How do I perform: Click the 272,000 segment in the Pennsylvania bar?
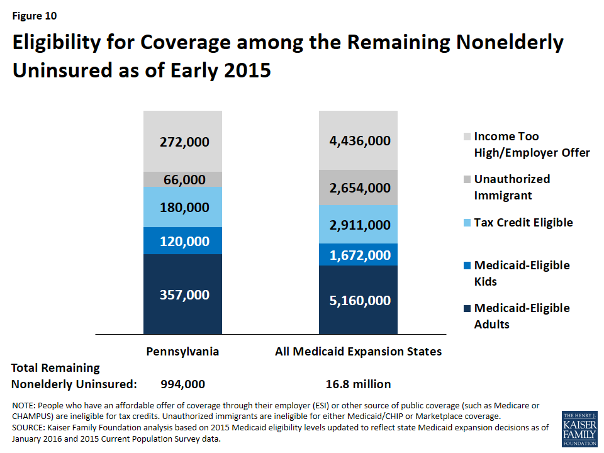(182, 142)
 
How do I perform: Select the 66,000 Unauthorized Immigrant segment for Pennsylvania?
(182, 179)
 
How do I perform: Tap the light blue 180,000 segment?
(182, 207)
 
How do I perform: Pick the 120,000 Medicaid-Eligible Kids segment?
(182, 241)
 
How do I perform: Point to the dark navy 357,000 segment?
(182, 294)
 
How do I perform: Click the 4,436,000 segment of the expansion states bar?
(358, 140)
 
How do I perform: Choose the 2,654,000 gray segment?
(358, 187)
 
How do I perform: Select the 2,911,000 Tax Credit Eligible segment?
(358, 225)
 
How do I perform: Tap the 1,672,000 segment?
(358, 255)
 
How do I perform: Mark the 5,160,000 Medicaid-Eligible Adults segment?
(358, 299)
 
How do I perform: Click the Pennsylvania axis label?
(182, 352)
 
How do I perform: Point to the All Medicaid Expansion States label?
(358, 352)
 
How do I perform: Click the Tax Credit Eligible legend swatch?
(467, 223)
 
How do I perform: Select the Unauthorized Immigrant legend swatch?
(467, 179)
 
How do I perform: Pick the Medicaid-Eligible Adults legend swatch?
(467, 308)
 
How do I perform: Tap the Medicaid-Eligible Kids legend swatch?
(467, 266)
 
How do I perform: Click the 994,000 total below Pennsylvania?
(182, 384)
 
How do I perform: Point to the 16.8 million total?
(358, 384)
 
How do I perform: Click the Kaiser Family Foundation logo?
(579, 429)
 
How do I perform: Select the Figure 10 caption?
(35, 16)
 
